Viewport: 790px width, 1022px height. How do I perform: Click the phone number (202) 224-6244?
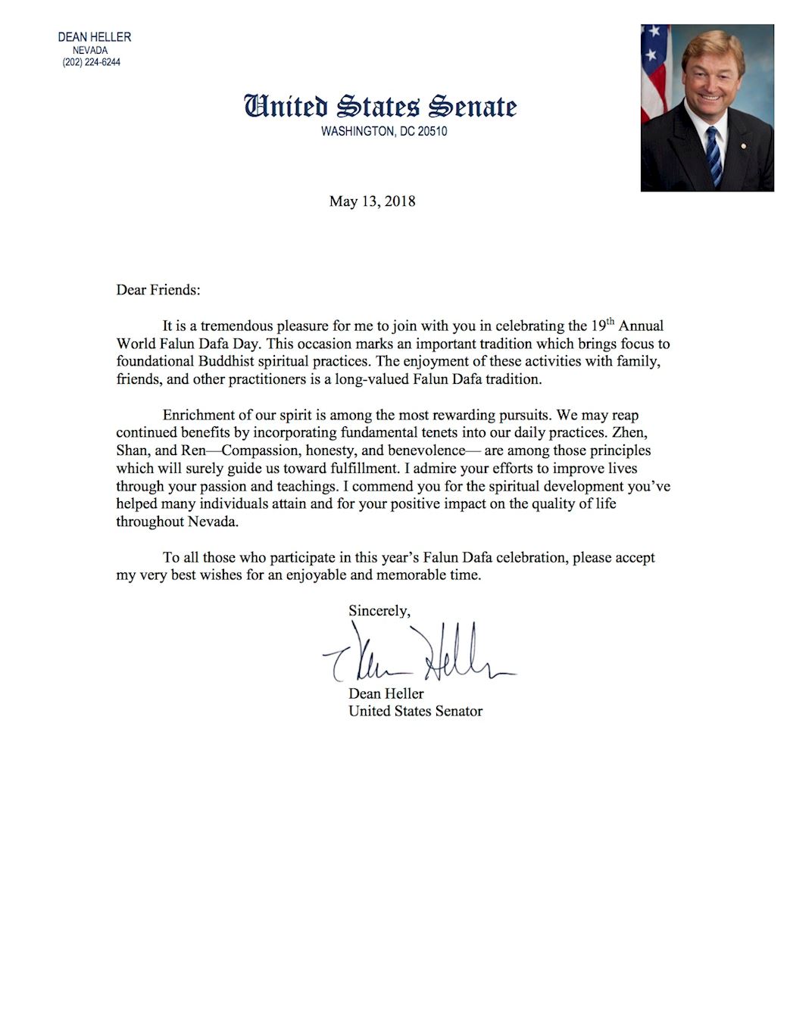[91, 62]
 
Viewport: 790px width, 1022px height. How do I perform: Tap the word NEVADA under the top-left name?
[90, 50]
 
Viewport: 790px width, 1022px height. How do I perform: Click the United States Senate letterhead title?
[380, 107]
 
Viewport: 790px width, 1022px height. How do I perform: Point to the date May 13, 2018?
[372, 201]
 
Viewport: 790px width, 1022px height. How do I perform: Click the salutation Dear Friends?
[158, 289]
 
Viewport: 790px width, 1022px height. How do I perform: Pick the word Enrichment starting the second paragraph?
[200, 415]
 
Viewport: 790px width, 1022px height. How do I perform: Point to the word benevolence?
[426, 450]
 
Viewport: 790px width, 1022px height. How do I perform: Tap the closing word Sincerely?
[379, 610]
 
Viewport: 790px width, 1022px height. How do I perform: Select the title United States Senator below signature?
[415, 711]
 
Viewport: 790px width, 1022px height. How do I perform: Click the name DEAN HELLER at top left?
[94, 37]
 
